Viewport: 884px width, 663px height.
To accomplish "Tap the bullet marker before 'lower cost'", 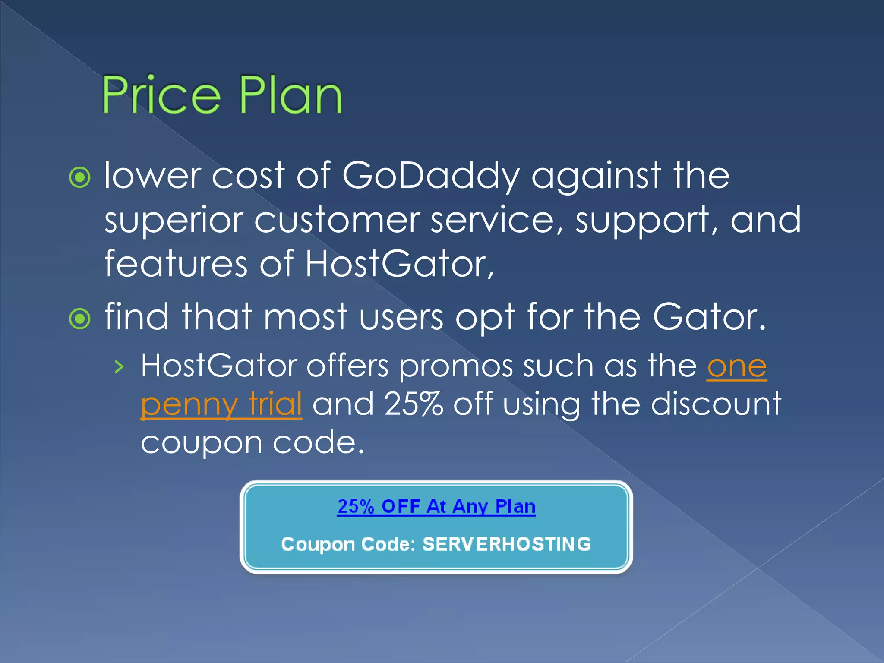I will pyautogui.click(x=80, y=177).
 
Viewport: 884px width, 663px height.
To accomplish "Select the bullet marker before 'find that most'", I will pyautogui.click(x=80, y=319).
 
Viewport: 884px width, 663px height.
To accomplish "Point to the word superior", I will pyautogui.click(x=173, y=220).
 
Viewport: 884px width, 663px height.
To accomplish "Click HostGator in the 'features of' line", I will pyautogui.click(x=399, y=264).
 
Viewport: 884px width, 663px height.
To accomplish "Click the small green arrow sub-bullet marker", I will pyautogui.click(x=119, y=367).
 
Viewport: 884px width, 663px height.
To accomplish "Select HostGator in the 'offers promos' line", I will pyautogui.click(x=219, y=366).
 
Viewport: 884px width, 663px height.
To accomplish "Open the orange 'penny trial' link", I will pyautogui.click(x=221, y=404).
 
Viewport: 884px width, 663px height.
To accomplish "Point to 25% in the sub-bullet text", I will pyautogui.click(x=414, y=404).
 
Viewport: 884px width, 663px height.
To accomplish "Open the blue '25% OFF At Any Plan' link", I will pyautogui.click(x=436, y=506).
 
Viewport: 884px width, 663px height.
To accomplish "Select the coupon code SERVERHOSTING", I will pyautogui.click(x=507, y=544).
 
